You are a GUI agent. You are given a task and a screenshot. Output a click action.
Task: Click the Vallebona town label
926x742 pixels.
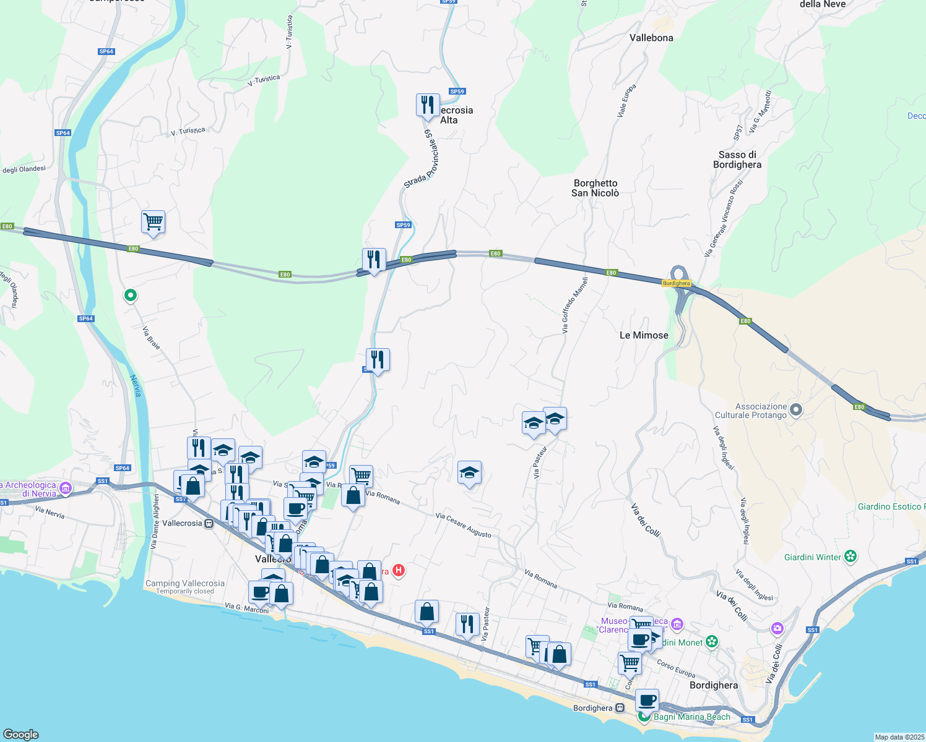pos(651,38)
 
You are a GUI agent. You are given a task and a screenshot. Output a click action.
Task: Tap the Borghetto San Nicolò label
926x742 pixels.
pos(595,188)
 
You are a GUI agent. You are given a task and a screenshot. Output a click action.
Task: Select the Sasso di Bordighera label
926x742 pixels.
pos(737,160)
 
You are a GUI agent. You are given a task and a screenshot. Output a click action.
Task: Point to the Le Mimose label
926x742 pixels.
pos(644,335)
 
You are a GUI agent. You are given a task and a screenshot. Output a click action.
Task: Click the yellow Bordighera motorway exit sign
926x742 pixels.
pos(676,283)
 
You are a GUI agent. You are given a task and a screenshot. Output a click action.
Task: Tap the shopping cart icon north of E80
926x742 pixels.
pos(153,221)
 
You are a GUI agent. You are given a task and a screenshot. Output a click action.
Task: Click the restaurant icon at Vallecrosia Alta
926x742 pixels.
pos(427,105)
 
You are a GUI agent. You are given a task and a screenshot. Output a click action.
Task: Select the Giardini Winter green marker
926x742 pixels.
pos(850,556)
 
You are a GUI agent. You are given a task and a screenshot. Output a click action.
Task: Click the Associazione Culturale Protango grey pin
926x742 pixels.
pos(797,409)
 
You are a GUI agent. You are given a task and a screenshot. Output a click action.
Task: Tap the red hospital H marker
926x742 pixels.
pos(399,570)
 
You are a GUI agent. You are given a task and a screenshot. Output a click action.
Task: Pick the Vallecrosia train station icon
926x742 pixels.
pos(209,523)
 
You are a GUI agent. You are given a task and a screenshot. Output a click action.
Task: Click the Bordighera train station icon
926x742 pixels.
pos(620,708)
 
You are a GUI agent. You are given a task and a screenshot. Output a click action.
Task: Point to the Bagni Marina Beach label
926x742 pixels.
pos(691,717)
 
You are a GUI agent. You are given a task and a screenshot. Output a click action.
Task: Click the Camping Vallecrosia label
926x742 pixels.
pos(184,583)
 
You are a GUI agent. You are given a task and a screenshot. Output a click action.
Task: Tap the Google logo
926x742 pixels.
pos(21,734)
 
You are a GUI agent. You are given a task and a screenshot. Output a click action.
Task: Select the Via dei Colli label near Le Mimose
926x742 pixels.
pos(646,519)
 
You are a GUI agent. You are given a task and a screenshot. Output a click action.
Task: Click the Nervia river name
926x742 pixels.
pos(136,386)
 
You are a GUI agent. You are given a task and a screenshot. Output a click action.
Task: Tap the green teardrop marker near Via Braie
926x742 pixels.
pos(130,296)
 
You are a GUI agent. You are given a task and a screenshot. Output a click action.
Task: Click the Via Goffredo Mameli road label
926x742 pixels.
pos(575,305)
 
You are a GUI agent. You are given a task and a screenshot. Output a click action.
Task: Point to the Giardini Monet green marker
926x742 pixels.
pos(712,642)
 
